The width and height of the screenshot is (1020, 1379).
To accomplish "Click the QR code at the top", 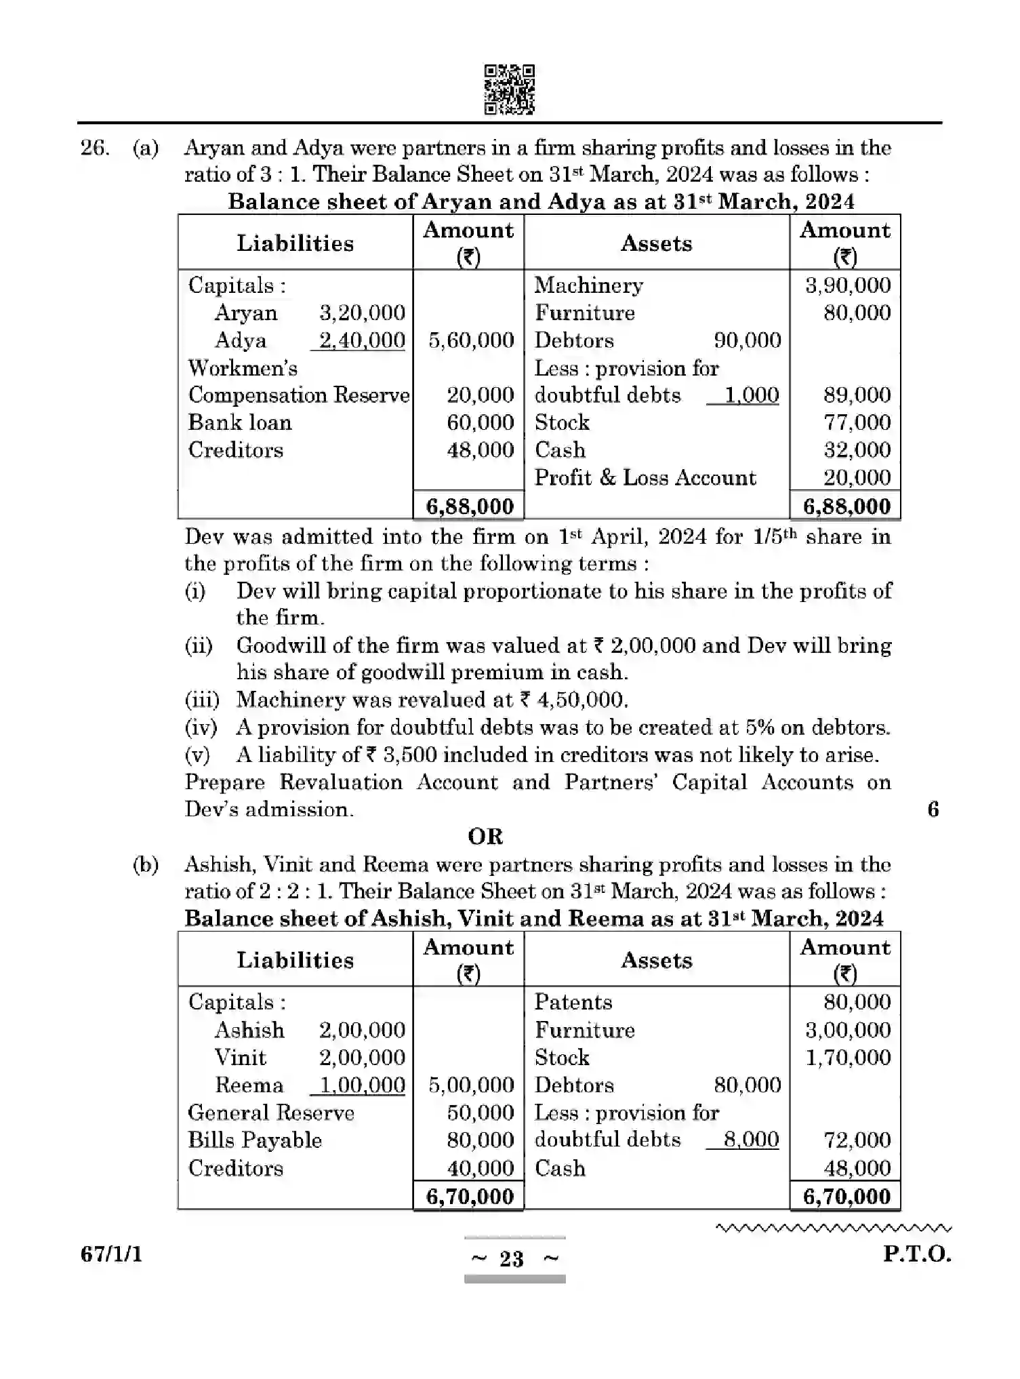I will click(509, 89).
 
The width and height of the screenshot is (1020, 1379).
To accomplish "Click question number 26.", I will click(94, 148).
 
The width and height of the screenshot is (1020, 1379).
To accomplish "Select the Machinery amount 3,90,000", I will click(847, 285).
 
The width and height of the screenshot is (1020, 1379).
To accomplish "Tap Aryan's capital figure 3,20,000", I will click(362, 313).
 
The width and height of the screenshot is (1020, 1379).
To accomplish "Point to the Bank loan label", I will click(240, 422).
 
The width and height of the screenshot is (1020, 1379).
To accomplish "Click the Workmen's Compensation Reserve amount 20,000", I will click(480, 395).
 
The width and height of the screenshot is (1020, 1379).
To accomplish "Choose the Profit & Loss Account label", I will click(645, 478).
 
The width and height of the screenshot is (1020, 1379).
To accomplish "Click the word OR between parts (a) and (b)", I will click(485, 837).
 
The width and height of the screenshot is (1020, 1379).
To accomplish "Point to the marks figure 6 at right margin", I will click(933, 810).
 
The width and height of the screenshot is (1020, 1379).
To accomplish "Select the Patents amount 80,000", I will click(857, 1003).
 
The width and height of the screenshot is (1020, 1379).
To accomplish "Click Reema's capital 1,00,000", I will click(362, 1085).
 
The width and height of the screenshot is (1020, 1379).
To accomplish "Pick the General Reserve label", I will click(271, 1113).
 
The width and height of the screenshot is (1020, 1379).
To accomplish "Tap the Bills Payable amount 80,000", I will click(480, 1140).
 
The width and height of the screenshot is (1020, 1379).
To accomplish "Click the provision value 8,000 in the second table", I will click(751, 1140).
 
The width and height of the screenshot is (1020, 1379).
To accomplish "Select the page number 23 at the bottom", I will click(512, 1260).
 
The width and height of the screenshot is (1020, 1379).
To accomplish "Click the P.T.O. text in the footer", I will click(916, 1254).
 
